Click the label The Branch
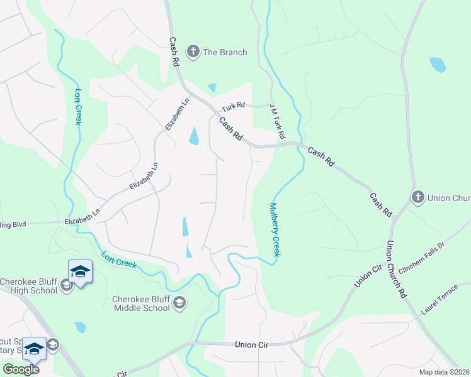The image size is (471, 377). click(x=225, y=52)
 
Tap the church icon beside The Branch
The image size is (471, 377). click(x=193, y=52)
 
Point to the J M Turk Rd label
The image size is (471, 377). click(x=277, y=122)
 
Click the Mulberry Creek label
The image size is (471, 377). click(x=275, y=229)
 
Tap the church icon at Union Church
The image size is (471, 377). click(x=417, y=198)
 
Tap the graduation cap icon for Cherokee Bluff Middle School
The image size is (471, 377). click(x=179, y=303)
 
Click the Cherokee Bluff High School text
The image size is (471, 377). click(x=29, y=286)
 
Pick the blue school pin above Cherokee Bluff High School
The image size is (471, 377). click(x=80, y=272)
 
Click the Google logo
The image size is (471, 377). click(x=21, y=369)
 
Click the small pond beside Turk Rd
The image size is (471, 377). click(x=212, y=88)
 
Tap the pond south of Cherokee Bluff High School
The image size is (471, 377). click(x=79, y=327)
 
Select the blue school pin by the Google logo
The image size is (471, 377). click(x=34, y=349)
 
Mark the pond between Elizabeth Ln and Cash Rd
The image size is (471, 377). click(x=194, y=136)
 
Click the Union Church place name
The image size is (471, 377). click(x=449, y=198)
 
